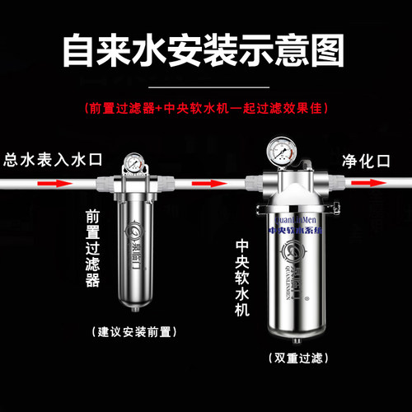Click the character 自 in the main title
80,51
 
